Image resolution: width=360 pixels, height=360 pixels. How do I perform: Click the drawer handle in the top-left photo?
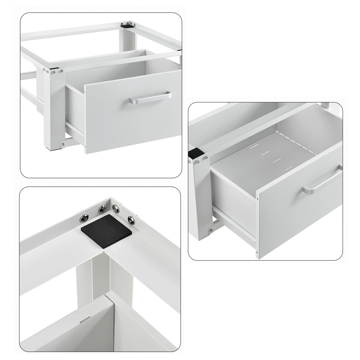click(150, 98)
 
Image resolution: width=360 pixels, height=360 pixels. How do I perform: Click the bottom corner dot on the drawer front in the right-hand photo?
click(257, 256)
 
